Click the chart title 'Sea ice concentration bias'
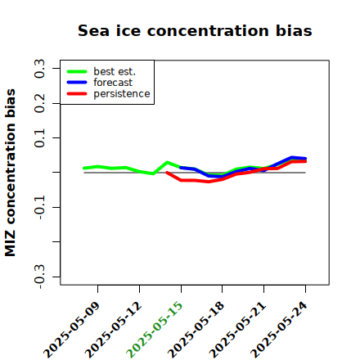(x=195, y=30)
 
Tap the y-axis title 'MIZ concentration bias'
(x=10, y=173)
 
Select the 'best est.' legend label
(x=115, y=71)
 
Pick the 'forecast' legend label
(x=113, y=83)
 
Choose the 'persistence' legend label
(x=122, y=94)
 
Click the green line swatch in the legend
(x=77, y=72)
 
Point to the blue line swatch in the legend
(x=77, y=83)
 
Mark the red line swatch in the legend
(x=77, y=94)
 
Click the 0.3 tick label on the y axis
(x=40, y=68)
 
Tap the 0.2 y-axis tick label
(x=40, y=103)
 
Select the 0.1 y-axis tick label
(x=40, y=138)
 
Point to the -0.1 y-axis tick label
(x=40, y=208)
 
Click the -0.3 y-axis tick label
(x=40, y=277)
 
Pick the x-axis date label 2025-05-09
(x=72, y=330)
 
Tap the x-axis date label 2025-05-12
(x=114, y=330)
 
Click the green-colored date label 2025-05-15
(x=155, y=330)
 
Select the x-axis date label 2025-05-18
(x=196, y=330)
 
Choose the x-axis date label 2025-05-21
(x=237, y=330)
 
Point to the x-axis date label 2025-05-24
(x=279, y=330)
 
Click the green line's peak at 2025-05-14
(x=167, y=162)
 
